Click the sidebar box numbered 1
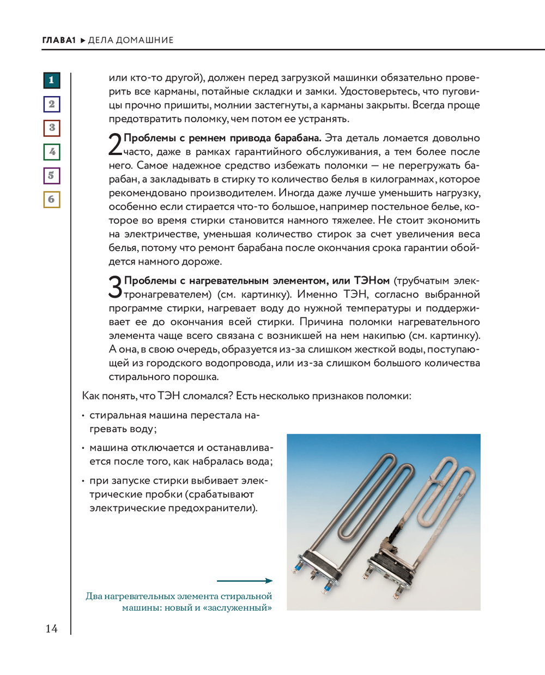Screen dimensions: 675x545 click(51, 80)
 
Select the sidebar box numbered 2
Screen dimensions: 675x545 click(51, 104)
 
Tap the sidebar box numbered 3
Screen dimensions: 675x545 click(51, 128)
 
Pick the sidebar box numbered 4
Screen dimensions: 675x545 click(51, 152)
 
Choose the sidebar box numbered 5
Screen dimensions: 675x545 click(51, 176)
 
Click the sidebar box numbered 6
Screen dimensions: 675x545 click(51, 199)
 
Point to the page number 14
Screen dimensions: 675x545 click(51, 629)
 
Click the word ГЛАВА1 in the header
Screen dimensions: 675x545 click(59, 40)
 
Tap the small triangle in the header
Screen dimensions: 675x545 click(83, 40)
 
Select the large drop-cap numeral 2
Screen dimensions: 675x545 click(115, 145)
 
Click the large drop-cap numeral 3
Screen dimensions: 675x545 click(115, 288)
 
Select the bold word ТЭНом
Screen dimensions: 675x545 click(372, 281)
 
